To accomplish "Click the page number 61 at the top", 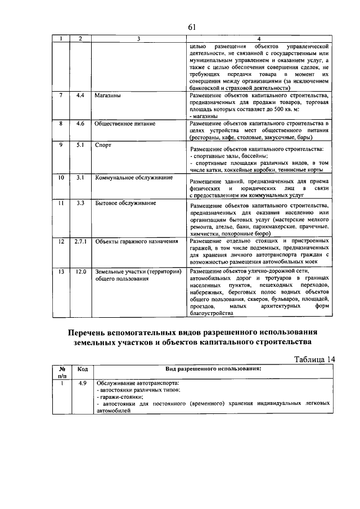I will point(192,27).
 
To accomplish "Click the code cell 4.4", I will point(80,96).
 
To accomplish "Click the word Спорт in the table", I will point(103,145).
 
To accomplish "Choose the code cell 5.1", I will point(80,145).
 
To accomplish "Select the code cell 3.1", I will point(80,178).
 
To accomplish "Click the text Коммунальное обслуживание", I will point(133,178).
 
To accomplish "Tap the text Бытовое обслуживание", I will point(125,202).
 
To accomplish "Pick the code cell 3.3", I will point(80,202).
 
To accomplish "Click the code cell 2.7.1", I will point(80,241).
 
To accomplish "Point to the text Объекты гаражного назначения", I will point(137,241).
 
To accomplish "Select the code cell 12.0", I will point(80,272).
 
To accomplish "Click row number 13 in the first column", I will point(61,272).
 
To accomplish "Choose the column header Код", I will point(82,370).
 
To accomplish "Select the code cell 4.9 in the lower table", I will point(82,383).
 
